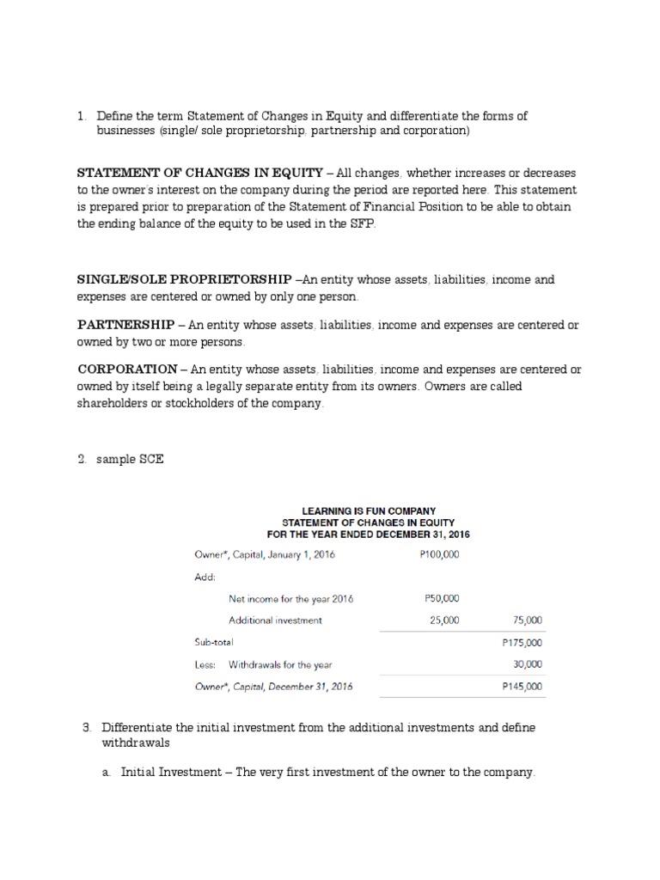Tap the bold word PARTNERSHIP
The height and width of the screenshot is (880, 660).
(127, 325)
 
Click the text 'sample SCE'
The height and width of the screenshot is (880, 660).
(130, 460)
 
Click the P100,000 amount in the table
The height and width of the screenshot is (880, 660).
(440, 554)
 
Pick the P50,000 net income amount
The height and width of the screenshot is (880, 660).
(442, 598)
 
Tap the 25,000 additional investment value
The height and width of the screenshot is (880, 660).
(444, 620)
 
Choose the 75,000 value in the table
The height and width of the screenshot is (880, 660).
(527, 620)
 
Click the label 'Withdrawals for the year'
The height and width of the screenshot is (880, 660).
(280, 664)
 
